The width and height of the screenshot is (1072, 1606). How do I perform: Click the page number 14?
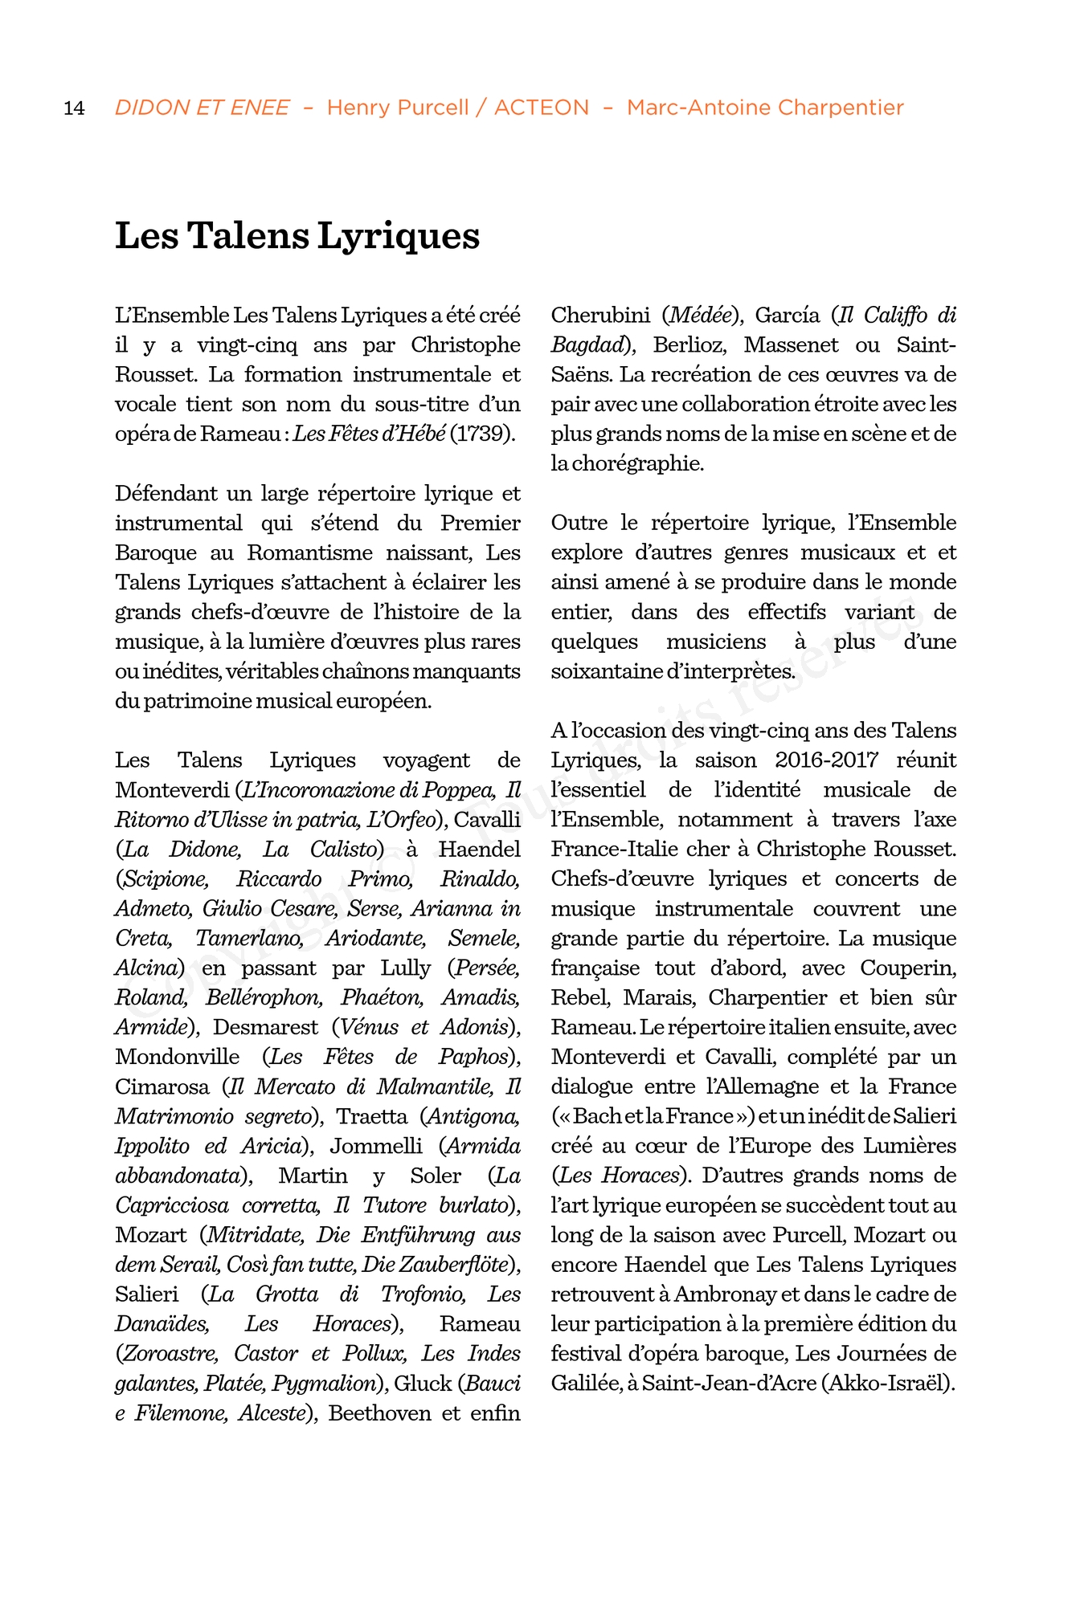(x=74, y=108)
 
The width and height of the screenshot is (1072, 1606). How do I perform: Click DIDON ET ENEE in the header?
(x=202, y=108)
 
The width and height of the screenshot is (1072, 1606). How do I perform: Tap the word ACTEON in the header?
(x=541, y=108)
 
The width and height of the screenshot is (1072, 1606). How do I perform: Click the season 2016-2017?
(x=826, y=760)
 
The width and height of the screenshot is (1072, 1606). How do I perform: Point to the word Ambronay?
(x=725, y=1294)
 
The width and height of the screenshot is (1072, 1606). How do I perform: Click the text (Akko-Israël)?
(x=889, y=1383)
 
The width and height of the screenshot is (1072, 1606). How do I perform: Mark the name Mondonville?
(x=178, y=1057)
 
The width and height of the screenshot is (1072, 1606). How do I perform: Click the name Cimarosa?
(x=162, y=1086)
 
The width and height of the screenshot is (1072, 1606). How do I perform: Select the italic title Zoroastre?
(x=167, y=1353)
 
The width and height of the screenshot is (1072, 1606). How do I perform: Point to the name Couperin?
(x=908, y=968)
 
